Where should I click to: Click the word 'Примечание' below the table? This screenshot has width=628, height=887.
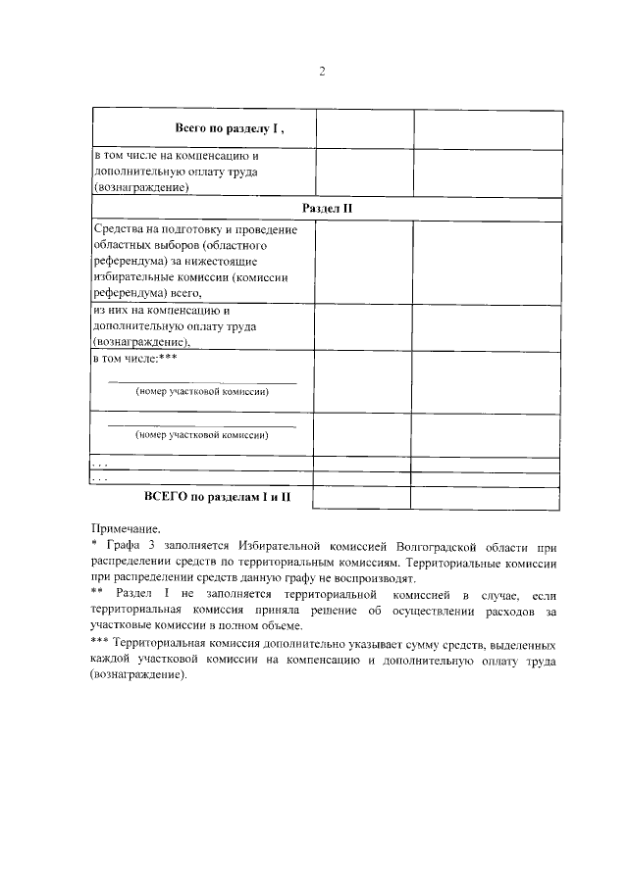(x=126, y=526)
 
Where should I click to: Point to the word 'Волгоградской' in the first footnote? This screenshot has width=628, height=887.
(x=439, y=544)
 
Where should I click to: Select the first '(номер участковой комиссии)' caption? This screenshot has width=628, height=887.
(x=201, y=391)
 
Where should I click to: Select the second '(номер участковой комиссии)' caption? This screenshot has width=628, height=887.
(x=201, y=433)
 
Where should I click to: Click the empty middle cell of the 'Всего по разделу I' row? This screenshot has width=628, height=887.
(x=363, y=128)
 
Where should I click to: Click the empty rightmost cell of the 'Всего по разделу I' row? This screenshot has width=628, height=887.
(x=488, y=128)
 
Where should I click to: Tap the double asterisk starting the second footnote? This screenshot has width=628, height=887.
(x=97, y=595)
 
